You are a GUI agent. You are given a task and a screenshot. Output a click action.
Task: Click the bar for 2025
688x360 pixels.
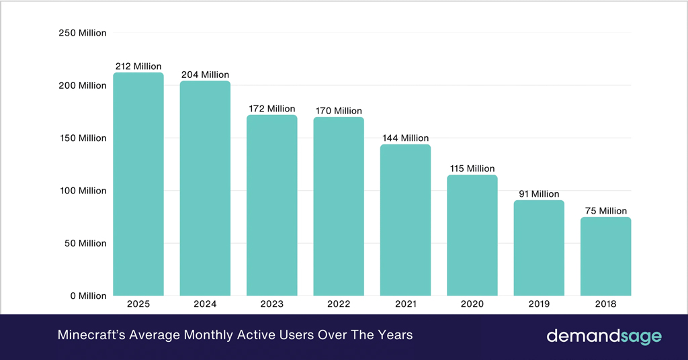click(138, 184)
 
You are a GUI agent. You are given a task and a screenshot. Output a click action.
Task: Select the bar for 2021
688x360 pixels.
click(405, 220)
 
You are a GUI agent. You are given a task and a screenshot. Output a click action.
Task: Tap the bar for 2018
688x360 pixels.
click(605, 256)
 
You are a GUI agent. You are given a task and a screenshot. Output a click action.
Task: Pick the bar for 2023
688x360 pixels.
click(271, 205)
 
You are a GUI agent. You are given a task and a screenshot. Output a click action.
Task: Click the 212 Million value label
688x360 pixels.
click(138, 66)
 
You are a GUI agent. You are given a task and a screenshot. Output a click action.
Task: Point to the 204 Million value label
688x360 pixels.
click(205, 75)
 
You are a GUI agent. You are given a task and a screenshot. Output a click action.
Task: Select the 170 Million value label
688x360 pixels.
click(339, 111)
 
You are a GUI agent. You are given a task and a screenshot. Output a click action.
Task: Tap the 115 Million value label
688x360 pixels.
click(472, 169)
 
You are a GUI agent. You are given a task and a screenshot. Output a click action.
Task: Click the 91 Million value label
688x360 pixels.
click(539, 194)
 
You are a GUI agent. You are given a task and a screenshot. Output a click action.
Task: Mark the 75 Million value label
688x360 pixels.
click(605, 211)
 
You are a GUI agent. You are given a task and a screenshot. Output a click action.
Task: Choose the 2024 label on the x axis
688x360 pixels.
click(205, 304)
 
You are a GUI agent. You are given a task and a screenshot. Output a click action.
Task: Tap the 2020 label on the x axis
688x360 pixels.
click(472, 304)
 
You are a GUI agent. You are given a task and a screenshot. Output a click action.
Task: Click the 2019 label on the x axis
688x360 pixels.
click(539, 304)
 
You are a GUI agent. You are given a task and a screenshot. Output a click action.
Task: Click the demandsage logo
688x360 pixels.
click(603, 335)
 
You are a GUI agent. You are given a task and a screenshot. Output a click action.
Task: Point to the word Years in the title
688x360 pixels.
click(395, 334)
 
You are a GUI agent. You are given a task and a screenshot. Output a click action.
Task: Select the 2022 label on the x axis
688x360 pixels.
click(339, 304)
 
